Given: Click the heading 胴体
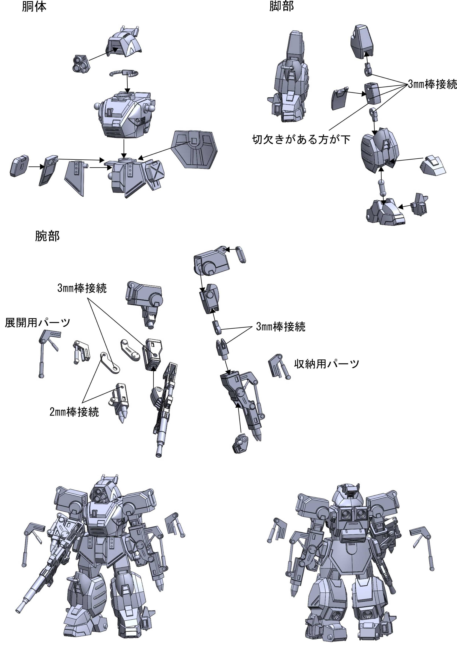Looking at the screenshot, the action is [x=34, y=7].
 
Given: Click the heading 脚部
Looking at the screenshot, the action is [x=281, y=6].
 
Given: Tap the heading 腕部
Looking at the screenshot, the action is [x=47, y=236].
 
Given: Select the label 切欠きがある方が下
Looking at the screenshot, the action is [x=301, y=139].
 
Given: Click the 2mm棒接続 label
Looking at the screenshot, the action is [x=74, y=412].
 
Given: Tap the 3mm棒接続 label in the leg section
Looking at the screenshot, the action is [x=432, y=84].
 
